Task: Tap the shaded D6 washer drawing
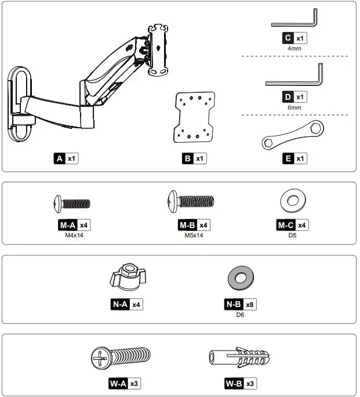point(239,277)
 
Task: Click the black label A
point(59,158)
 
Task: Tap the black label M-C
point(286,225)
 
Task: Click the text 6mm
point(294,108)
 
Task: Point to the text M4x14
point(74,236)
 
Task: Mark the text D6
point(240,315)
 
